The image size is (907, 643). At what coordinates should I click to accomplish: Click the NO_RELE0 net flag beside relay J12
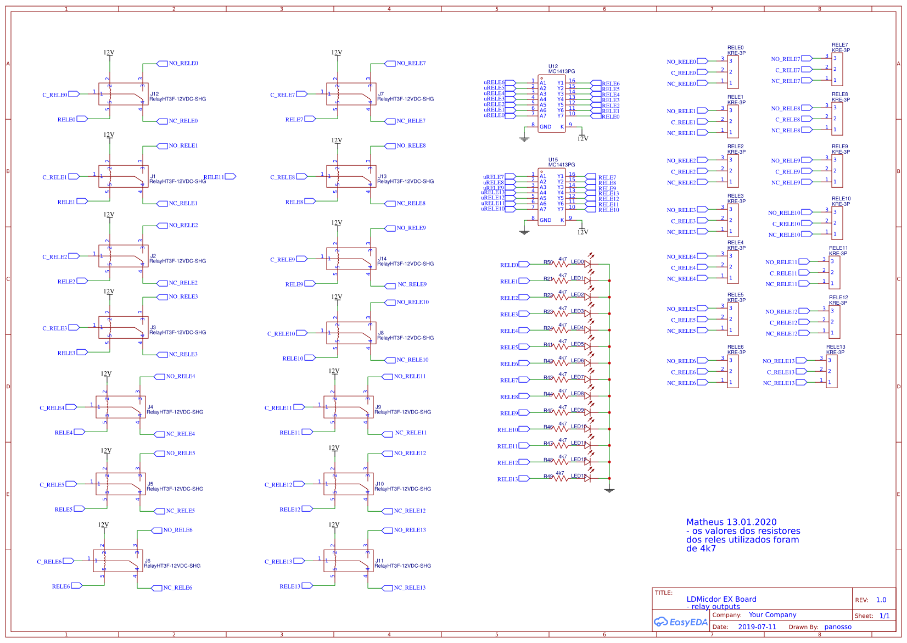click(x=162, y=64)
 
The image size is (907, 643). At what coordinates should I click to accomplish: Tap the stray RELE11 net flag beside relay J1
click(x=230, y=176)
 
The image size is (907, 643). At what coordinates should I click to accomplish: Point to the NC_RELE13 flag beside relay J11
click(x=387, y=588)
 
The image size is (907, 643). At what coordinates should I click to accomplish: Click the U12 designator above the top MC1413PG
click(x=553, y=66)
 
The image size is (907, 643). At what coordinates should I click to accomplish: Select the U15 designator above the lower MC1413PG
click(x=553, y=160)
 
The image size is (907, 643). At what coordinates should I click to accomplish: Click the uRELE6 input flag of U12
click(x=510, y=82)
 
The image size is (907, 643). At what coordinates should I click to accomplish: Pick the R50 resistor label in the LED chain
click(x=548, y=262)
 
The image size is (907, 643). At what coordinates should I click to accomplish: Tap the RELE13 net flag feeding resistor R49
click(x=524, y=479)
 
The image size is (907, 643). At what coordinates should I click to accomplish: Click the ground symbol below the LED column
click(x=609, y=490)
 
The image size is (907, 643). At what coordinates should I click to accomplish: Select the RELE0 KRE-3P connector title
click(x=736, y=51)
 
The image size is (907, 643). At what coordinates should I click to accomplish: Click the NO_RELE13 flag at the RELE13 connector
click(x=801, y=361)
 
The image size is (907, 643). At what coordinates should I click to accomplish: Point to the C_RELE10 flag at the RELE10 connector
click(x=807, y=223)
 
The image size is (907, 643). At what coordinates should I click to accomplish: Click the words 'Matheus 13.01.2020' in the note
click(x=731, y=522)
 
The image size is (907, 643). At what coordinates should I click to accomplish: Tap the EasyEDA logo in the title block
click(x=680, y=622)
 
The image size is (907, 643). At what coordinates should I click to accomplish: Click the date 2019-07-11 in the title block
click(x=757, y=627)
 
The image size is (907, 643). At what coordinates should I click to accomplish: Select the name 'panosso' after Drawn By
click(x=837, y=627)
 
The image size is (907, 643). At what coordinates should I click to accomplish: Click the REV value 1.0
click(x=881, y=600)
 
